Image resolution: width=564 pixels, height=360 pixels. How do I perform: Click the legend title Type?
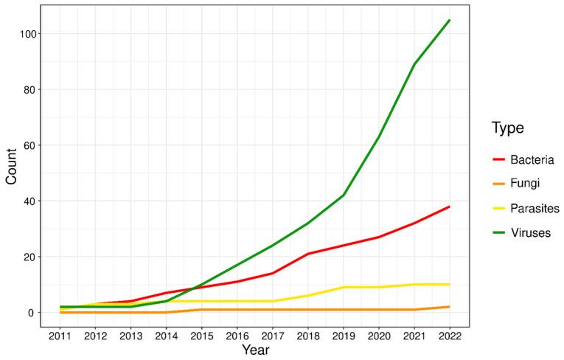[x=508, y=128]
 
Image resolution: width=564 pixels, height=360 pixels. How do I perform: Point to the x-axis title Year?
[x=254, y=350]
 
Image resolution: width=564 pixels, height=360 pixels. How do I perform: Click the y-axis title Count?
[x=12, y=166]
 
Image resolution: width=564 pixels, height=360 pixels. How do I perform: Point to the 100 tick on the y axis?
[x=26, y=34]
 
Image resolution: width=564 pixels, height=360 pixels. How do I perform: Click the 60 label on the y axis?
[x=29, y=145]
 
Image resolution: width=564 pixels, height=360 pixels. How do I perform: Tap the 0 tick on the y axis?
[x=32, y=313]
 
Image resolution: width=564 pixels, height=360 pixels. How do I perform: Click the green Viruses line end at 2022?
[x=450, y=20]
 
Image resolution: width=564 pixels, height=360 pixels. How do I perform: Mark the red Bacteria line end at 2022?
[x=450, y=207]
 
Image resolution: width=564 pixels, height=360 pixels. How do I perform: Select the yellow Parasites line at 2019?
[x=344, y=287]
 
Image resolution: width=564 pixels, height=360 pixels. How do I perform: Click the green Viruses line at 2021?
[x=414, y=64]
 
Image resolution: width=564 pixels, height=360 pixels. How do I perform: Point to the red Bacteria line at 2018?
[x=308, y=254]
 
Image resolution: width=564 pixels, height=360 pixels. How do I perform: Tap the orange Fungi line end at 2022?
[x=450, y=307]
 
